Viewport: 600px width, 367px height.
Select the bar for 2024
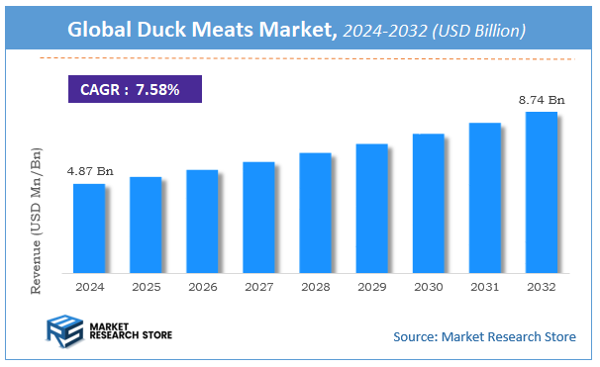coord(89,228)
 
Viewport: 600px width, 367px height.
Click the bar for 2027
coord(258,217)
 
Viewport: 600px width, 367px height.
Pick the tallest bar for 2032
coord(541,192)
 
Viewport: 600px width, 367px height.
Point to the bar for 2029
coord(371,208)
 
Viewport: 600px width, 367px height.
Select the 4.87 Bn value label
coord(90,171)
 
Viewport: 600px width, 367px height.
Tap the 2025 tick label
coord(146,287)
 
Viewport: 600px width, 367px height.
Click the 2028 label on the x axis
coord(315,287)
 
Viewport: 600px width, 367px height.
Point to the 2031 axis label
coord(484,287)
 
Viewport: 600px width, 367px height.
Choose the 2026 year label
coord(202,287)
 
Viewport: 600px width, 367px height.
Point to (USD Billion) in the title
coord(478,32)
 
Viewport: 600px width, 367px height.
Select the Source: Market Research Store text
coord(484,336)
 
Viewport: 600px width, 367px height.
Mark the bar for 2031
coord(484,197)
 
